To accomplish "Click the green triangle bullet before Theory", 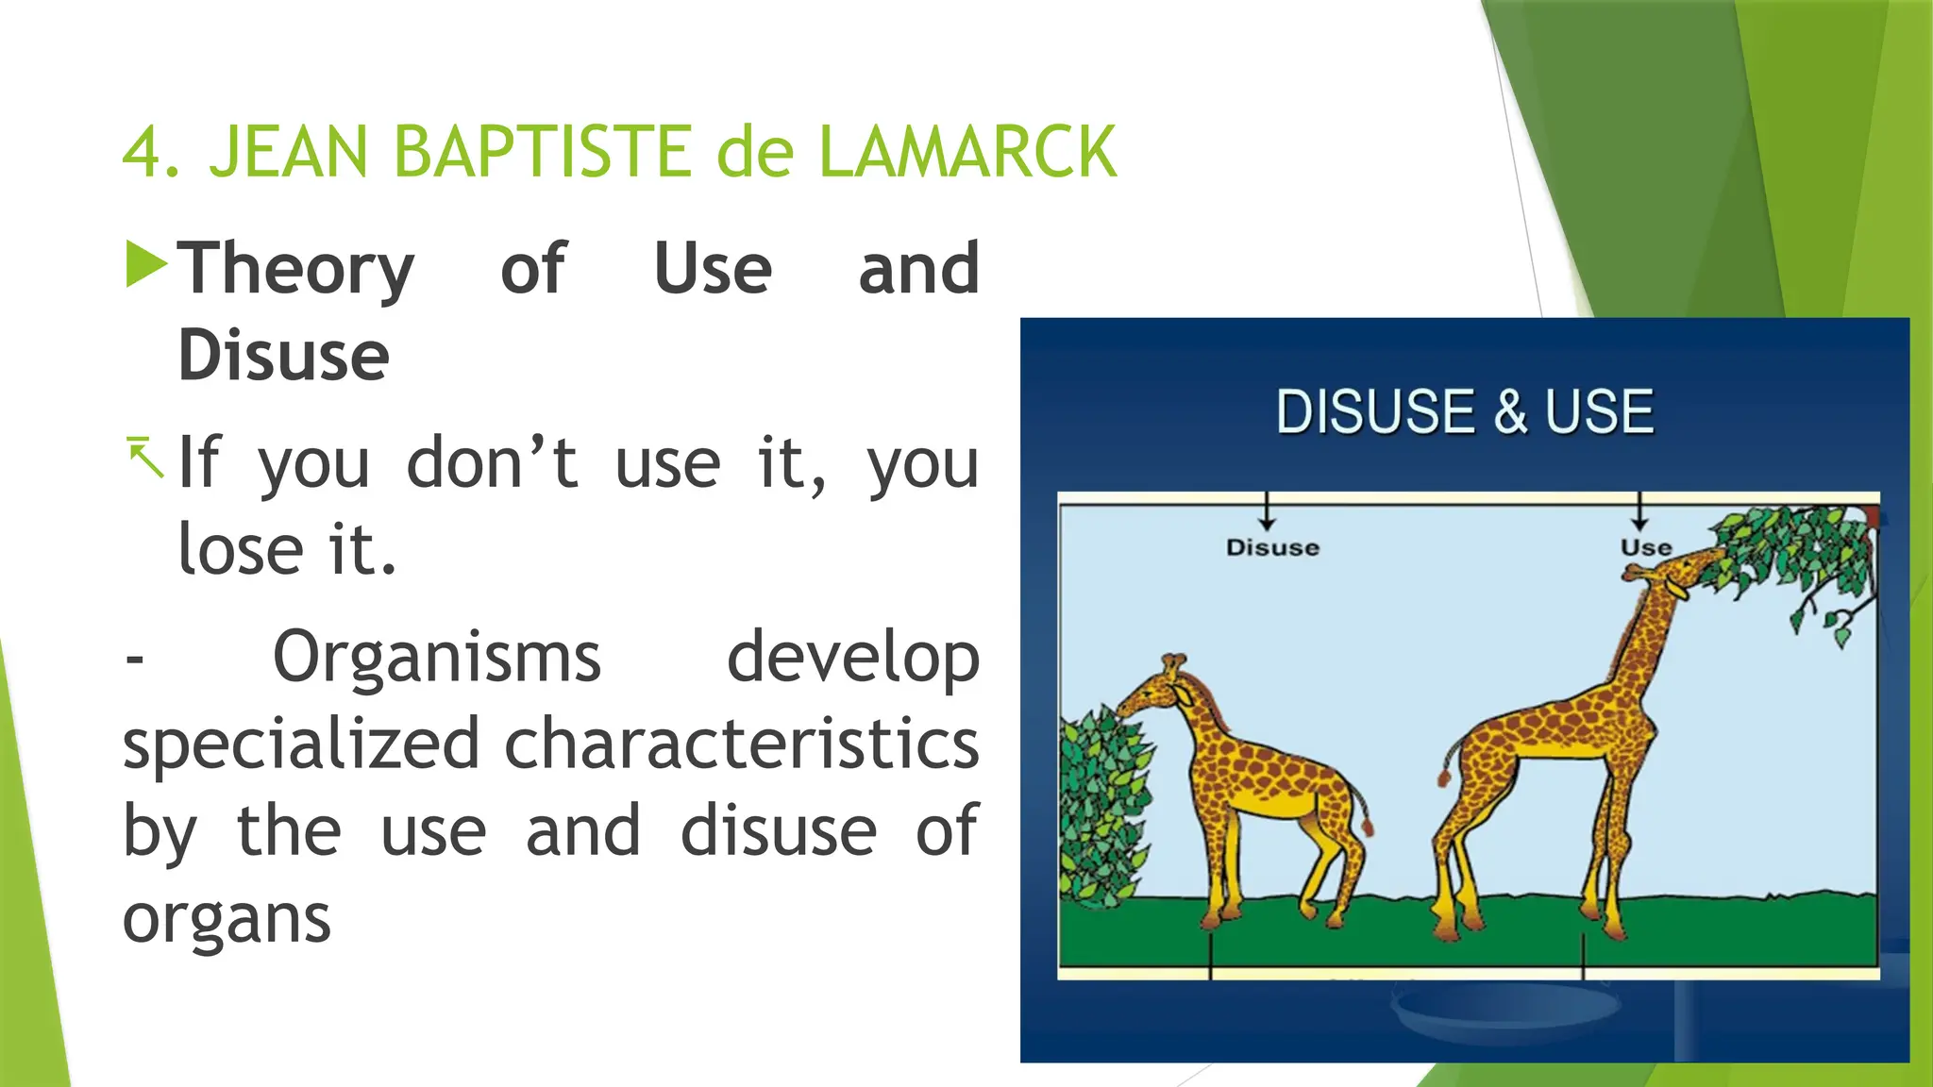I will click(145, 264).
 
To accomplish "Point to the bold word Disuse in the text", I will click(283, 356).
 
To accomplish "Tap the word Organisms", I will click(436, 657).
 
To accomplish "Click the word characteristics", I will click(742, 744).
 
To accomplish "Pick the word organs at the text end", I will click(227, 918).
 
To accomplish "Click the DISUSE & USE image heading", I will click(1464, 412).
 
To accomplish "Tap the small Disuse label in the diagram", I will click(1272, 547).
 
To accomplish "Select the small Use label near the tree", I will click(1645, 547).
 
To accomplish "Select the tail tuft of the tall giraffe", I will click(1444, 777).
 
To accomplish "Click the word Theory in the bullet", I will click(296, 270).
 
